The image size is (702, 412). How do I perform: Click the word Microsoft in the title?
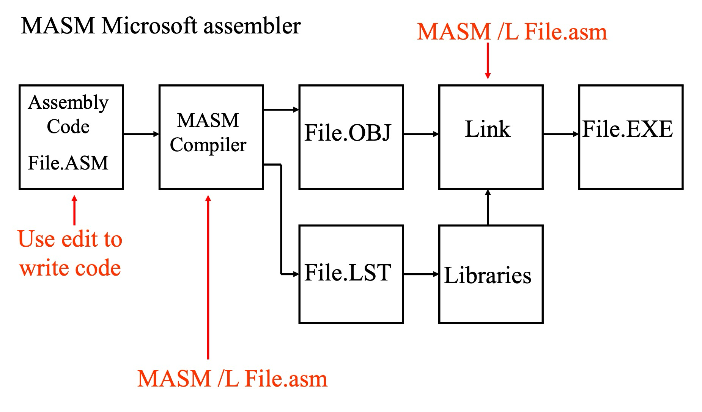click(150, 26)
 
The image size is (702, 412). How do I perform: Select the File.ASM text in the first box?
click(68, 163)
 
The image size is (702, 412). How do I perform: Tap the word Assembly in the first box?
click(68, 103)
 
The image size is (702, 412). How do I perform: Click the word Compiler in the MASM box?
click(208, 145)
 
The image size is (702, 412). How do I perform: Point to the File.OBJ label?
click(348, 133)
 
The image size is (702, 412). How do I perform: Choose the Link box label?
click(488, 129)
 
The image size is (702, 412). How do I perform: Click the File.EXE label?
click(628, 129)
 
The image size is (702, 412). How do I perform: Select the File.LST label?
click(348, 273)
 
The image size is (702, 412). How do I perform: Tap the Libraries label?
click(488, 275)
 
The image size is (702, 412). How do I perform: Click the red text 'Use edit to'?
click(70, 239)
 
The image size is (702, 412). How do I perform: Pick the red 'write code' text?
click(70, 268)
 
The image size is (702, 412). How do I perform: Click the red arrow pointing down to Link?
click(488, 61)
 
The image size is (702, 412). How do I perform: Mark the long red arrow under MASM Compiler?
click(208, 277)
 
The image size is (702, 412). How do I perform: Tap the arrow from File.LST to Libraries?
click(421, 274)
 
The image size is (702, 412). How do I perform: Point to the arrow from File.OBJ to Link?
click(421, 134)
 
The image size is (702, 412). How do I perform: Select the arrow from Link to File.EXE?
click(561, 134)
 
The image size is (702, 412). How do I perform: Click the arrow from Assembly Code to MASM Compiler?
click(141, 134)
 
